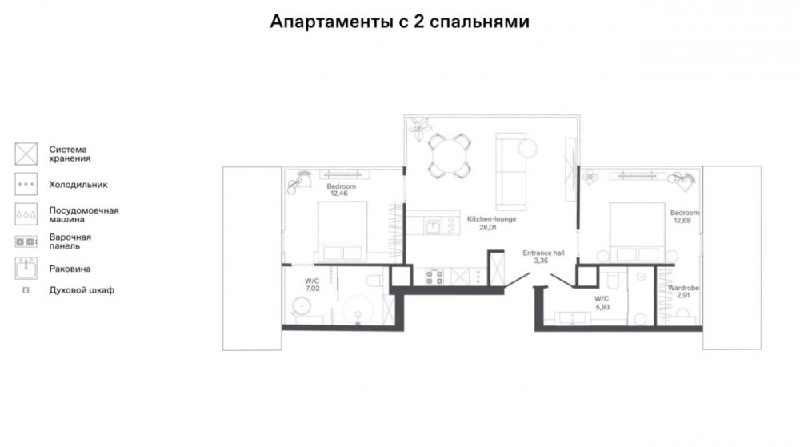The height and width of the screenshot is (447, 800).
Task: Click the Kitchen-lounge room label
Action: (x=491, y=219)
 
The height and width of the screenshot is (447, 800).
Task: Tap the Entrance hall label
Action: (x=543, y=253)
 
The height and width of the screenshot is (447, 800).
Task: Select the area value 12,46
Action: (x=339, y=194)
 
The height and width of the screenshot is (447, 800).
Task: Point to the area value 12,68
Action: (x=682, y=221)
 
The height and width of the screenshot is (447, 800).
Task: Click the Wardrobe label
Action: (x=684, y=288)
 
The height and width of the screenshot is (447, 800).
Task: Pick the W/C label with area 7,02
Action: (x=312, y=281)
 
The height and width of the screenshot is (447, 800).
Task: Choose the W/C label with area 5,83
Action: (x=602, y=299)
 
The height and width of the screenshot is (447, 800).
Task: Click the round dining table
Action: (x=449, y=155)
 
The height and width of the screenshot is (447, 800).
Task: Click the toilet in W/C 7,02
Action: (x=374, y=281)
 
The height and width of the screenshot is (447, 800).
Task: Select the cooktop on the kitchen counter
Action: (x=434, y=277)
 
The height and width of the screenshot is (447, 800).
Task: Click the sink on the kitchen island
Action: (x=433, y=225)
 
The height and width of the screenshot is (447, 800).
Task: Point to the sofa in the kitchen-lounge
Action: (x=511, y=172)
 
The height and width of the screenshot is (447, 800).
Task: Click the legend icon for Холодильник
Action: (x=26, y=184)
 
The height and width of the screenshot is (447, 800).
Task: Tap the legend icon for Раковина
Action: (x=26, y=268)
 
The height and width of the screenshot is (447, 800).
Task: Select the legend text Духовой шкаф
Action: (x=82, y=290)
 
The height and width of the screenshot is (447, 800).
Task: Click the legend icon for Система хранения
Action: (x=26, y=154)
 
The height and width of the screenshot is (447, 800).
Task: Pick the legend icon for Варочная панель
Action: (x=26, y=242)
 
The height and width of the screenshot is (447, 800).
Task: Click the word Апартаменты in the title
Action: (x=332, y=22)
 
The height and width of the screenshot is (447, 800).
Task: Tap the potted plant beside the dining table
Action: (x=419, y=129)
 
